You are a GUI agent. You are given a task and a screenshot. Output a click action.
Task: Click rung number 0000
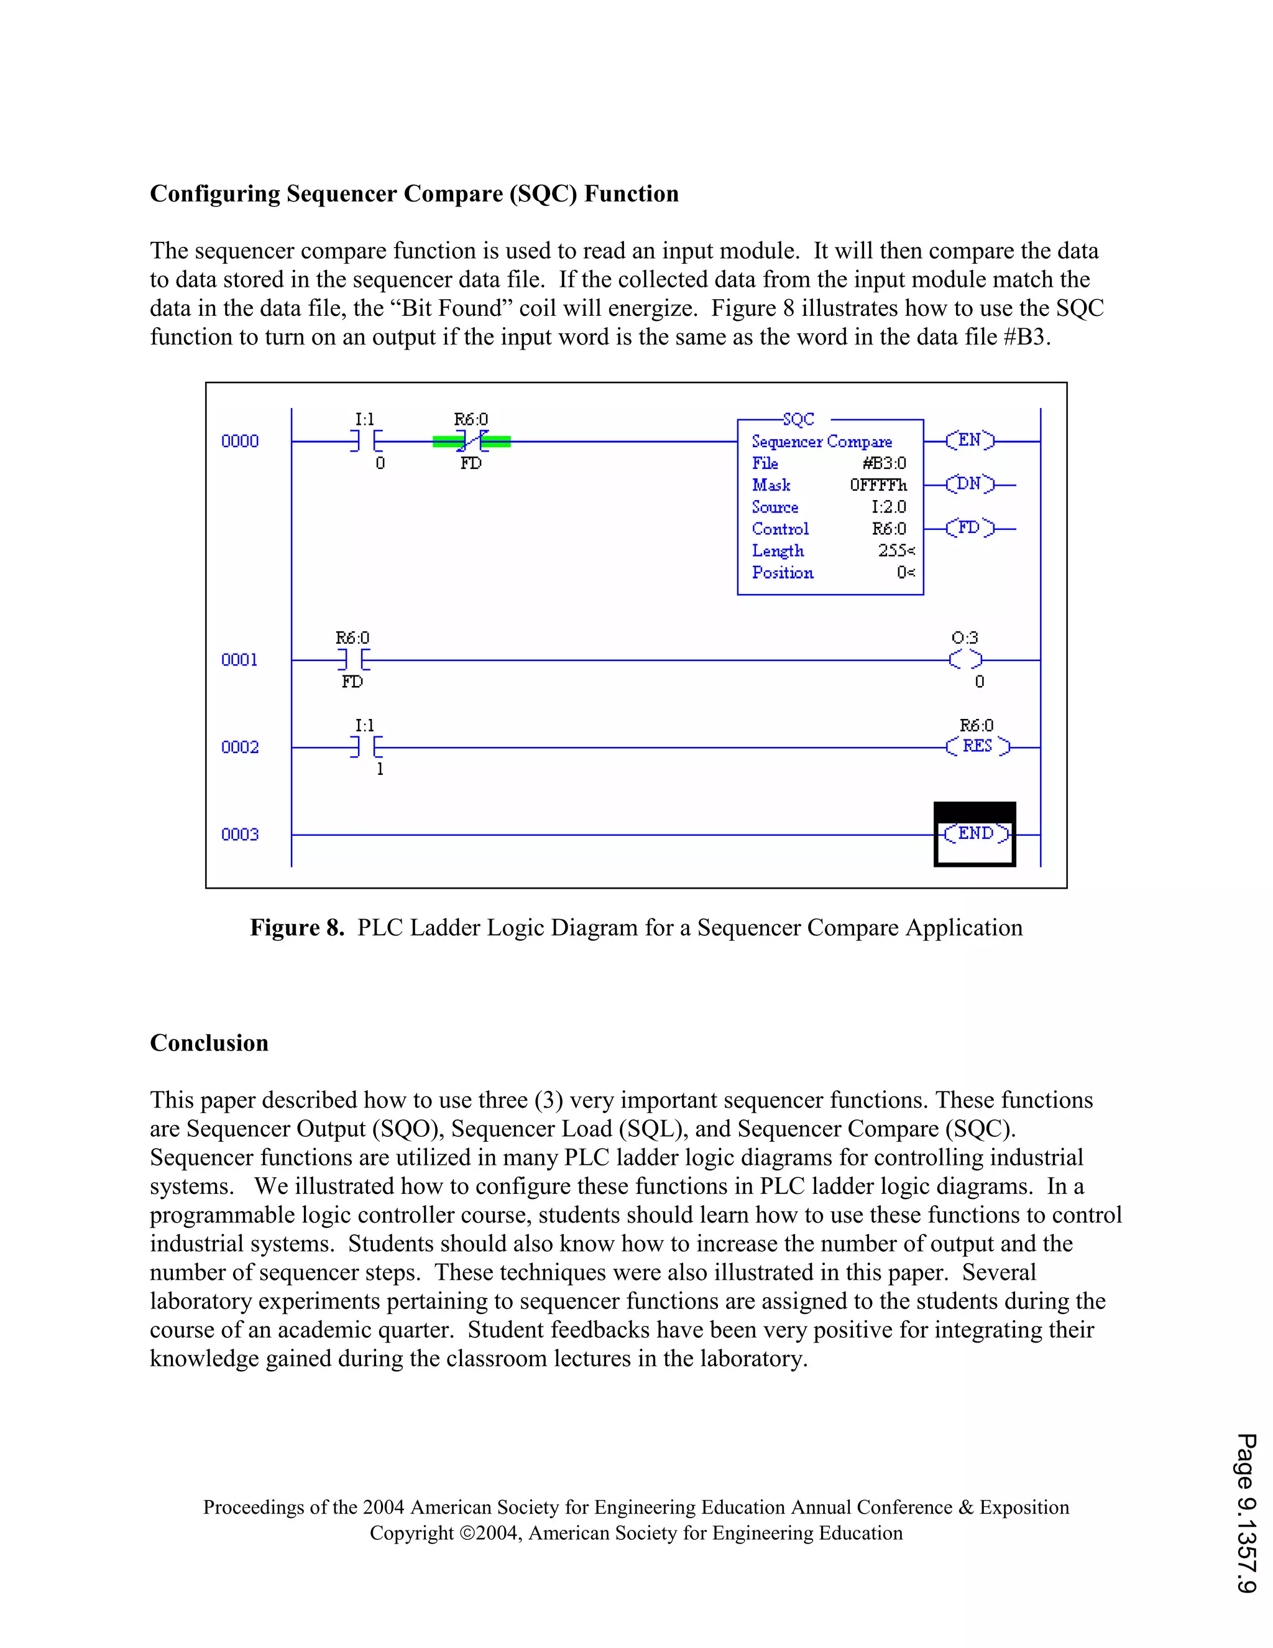click(240, 442)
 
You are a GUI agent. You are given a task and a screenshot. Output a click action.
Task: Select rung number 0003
click(240, 835)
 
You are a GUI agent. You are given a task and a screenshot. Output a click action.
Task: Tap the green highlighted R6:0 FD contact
click(471, 442)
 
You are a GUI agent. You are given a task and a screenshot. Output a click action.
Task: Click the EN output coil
click(970, 440)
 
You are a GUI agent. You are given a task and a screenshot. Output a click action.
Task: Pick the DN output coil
click(970, 484)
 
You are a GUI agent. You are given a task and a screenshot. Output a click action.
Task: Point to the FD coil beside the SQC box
click(970, 527)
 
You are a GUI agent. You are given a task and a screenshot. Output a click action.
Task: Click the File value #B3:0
click(884, 463)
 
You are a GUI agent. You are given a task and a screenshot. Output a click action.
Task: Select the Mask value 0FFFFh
click(878, 485)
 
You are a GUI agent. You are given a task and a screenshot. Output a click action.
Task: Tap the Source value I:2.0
click(888, 507)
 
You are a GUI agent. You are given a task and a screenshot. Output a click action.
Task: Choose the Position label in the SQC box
click(783, 573)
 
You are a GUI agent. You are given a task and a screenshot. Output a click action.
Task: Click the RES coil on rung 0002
click(977, 746)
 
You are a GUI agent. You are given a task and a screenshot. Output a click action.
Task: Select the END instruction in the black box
click(976, 834)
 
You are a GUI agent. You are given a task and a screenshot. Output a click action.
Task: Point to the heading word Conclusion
click(209, 1043)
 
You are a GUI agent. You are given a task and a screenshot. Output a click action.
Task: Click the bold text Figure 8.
click(297, 927)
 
